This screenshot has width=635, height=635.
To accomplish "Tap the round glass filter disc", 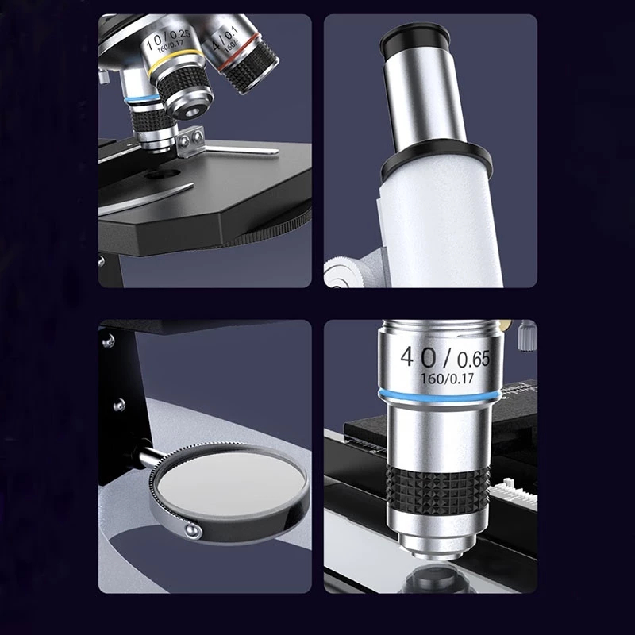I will pyautogui.click(x=230, y=484).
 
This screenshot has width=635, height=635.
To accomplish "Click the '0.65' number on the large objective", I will pyautogui.click(x=474, y=360).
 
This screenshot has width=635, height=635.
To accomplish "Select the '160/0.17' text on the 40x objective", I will pyautogui.click(x=448, y=379).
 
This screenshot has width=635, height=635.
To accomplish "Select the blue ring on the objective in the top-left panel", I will pyautogui.click(x=142, y=98).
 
